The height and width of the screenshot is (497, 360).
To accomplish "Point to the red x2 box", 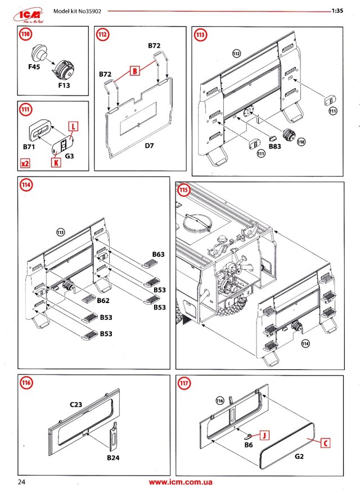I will (25, 163).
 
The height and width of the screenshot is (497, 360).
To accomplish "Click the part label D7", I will (150, 146).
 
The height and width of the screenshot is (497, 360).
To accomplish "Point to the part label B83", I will (275, 146).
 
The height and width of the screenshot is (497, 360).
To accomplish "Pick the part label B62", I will (102, 300).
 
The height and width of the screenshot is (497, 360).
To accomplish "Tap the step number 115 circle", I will (184, 190).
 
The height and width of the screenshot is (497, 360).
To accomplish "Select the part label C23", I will (76, 404).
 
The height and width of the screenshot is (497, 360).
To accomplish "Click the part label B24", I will (114, 458).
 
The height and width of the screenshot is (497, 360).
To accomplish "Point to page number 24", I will (22, 482).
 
